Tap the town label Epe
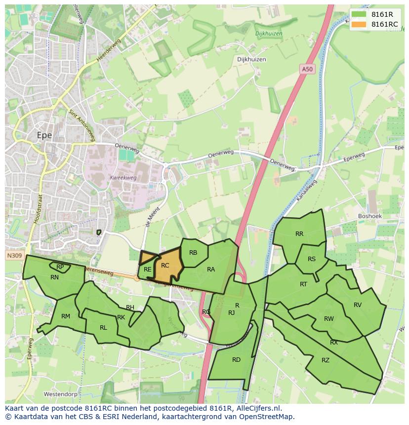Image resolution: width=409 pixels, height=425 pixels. click(44, 135)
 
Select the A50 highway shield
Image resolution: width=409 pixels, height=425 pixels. click(307, 70)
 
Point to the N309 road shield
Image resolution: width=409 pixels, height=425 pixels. click(14, 256)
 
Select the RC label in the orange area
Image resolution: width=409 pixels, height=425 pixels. click(165, 266)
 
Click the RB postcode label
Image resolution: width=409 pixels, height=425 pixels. click(193, 253)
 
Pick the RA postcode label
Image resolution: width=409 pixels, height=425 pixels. click(211, 270)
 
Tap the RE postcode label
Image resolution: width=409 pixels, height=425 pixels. click(147, 270)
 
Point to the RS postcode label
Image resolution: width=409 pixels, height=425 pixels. click(312, 259)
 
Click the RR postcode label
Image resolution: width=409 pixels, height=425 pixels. click(299, 234)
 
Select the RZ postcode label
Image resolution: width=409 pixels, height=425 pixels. click(325, 360)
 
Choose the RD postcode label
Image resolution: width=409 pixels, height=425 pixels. click(236, 359)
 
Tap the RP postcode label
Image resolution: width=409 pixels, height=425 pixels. click(60, 267)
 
